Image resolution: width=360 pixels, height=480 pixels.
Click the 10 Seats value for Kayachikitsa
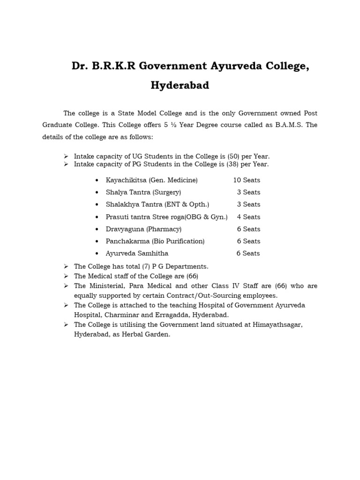click(x=247, y=180)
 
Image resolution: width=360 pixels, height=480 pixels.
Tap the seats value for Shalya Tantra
click(x=248, y=192)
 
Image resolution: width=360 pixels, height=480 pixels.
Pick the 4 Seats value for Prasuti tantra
click(x=248, y=217)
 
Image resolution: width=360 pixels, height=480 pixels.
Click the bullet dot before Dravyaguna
click(x=97, y=229)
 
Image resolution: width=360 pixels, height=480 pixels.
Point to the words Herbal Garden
click(x=149, y=335)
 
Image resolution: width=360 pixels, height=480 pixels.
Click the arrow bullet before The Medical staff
click(x=66, y=276)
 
